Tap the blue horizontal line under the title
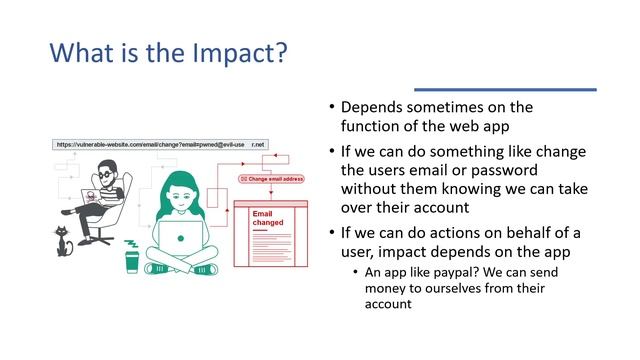505,89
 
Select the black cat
65,241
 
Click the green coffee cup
131,261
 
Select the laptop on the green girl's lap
185,236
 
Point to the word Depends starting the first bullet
373,106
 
